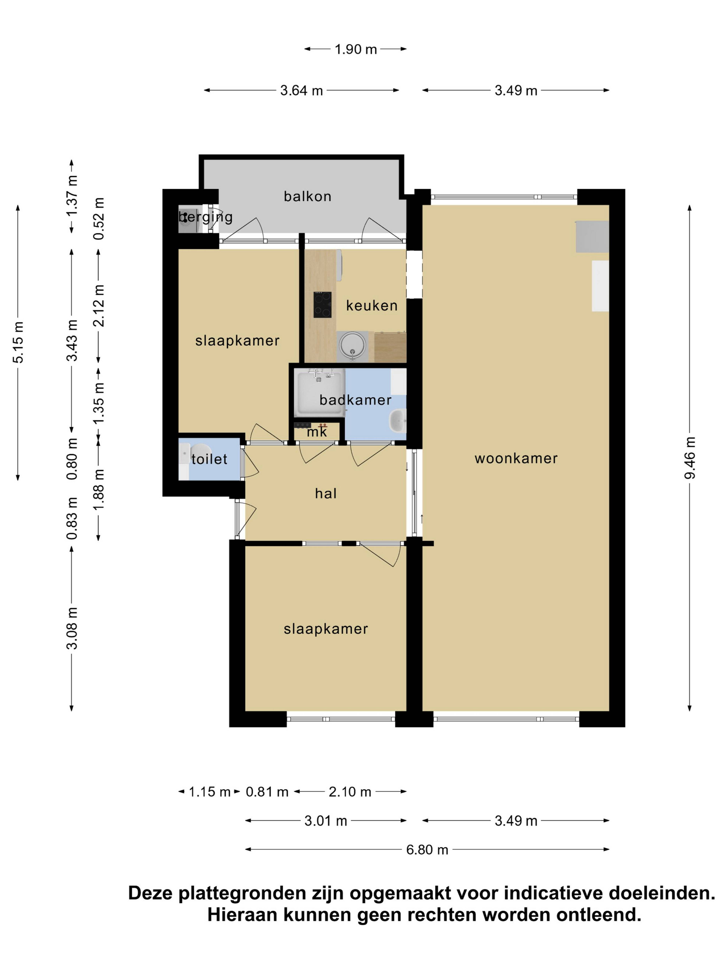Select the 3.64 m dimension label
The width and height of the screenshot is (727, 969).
click(301, 91)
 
